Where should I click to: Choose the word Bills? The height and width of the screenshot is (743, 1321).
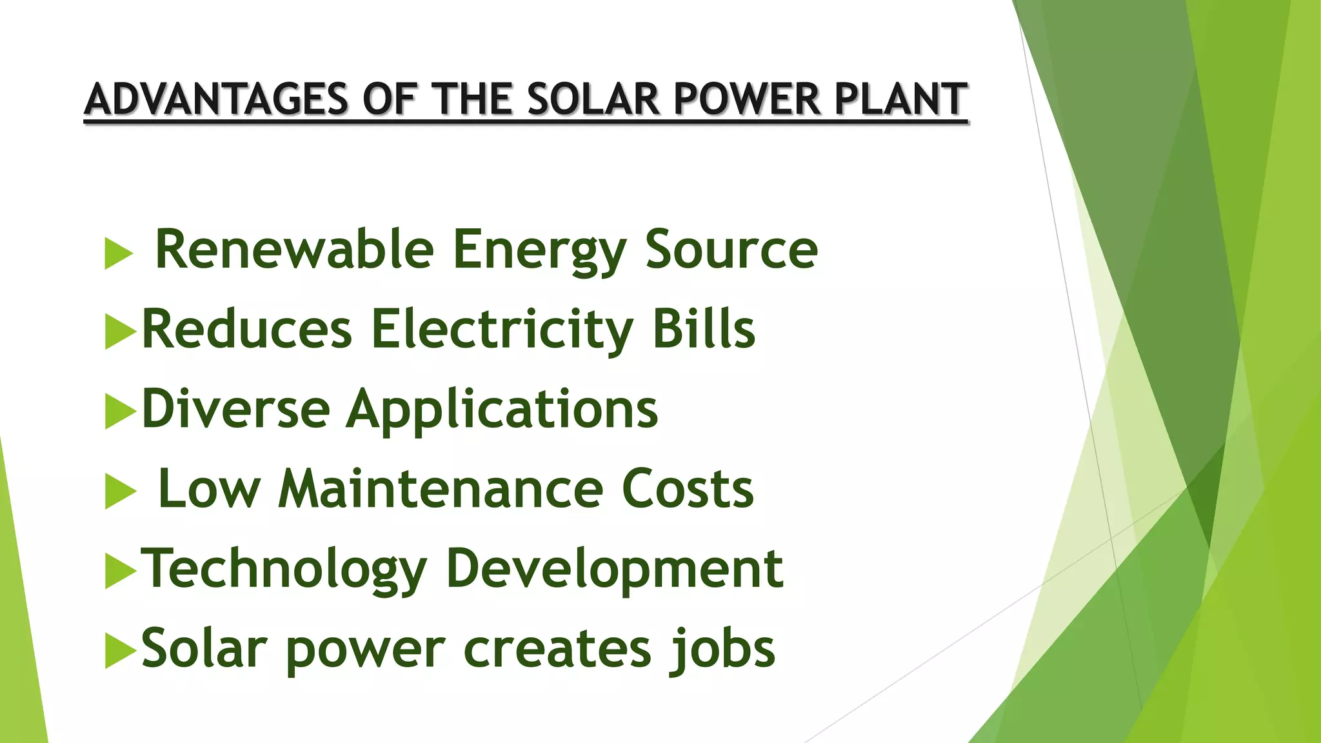coord(704,329)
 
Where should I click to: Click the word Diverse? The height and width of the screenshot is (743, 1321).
coord(235,408)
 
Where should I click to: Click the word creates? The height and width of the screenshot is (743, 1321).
coord(557,649)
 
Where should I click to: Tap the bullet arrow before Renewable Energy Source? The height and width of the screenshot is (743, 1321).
coord(118,253)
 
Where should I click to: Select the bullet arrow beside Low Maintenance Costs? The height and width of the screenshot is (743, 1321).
coord(120,492)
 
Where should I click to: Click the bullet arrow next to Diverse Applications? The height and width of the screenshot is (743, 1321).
coord(120,412)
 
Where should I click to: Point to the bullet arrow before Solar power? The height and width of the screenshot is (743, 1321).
coord(120,651)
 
